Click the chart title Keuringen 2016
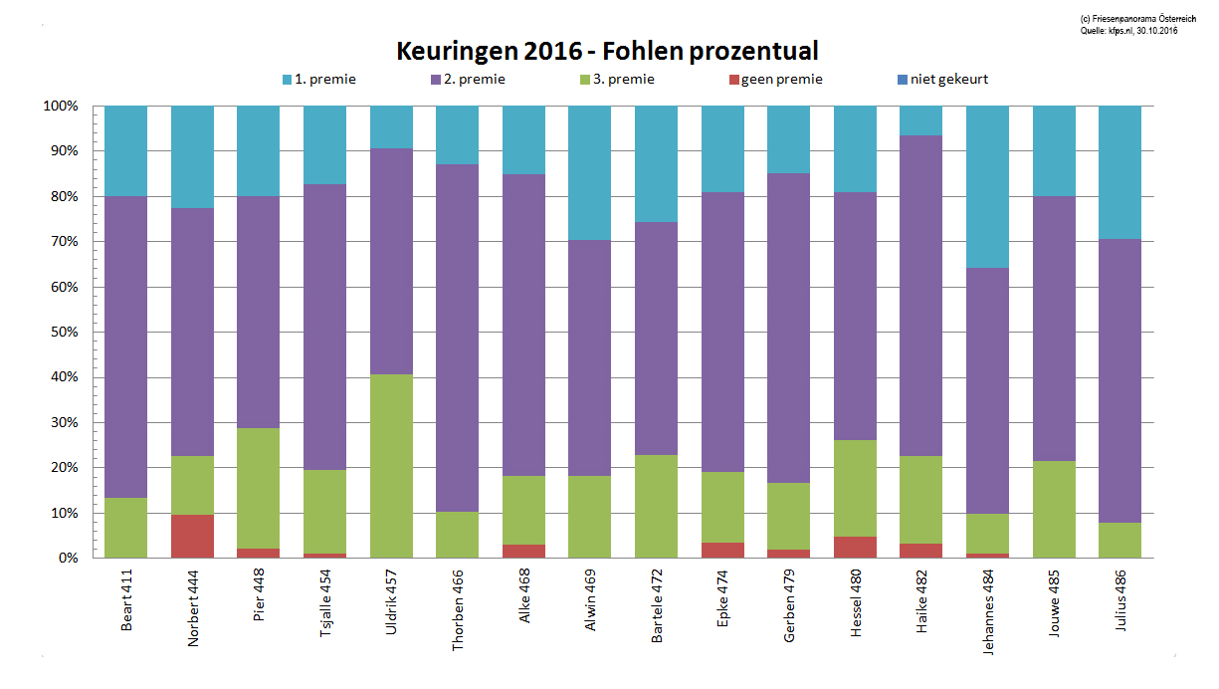tap(608, 51)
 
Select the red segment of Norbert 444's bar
tap(192, 536)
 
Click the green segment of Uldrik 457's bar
tap(391, 466)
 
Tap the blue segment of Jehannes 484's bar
tap(987, 186)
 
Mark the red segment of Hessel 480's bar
tap(855, 548)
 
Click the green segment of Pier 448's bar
tap(259, 488)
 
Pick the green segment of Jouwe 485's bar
tap(1054, 509)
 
